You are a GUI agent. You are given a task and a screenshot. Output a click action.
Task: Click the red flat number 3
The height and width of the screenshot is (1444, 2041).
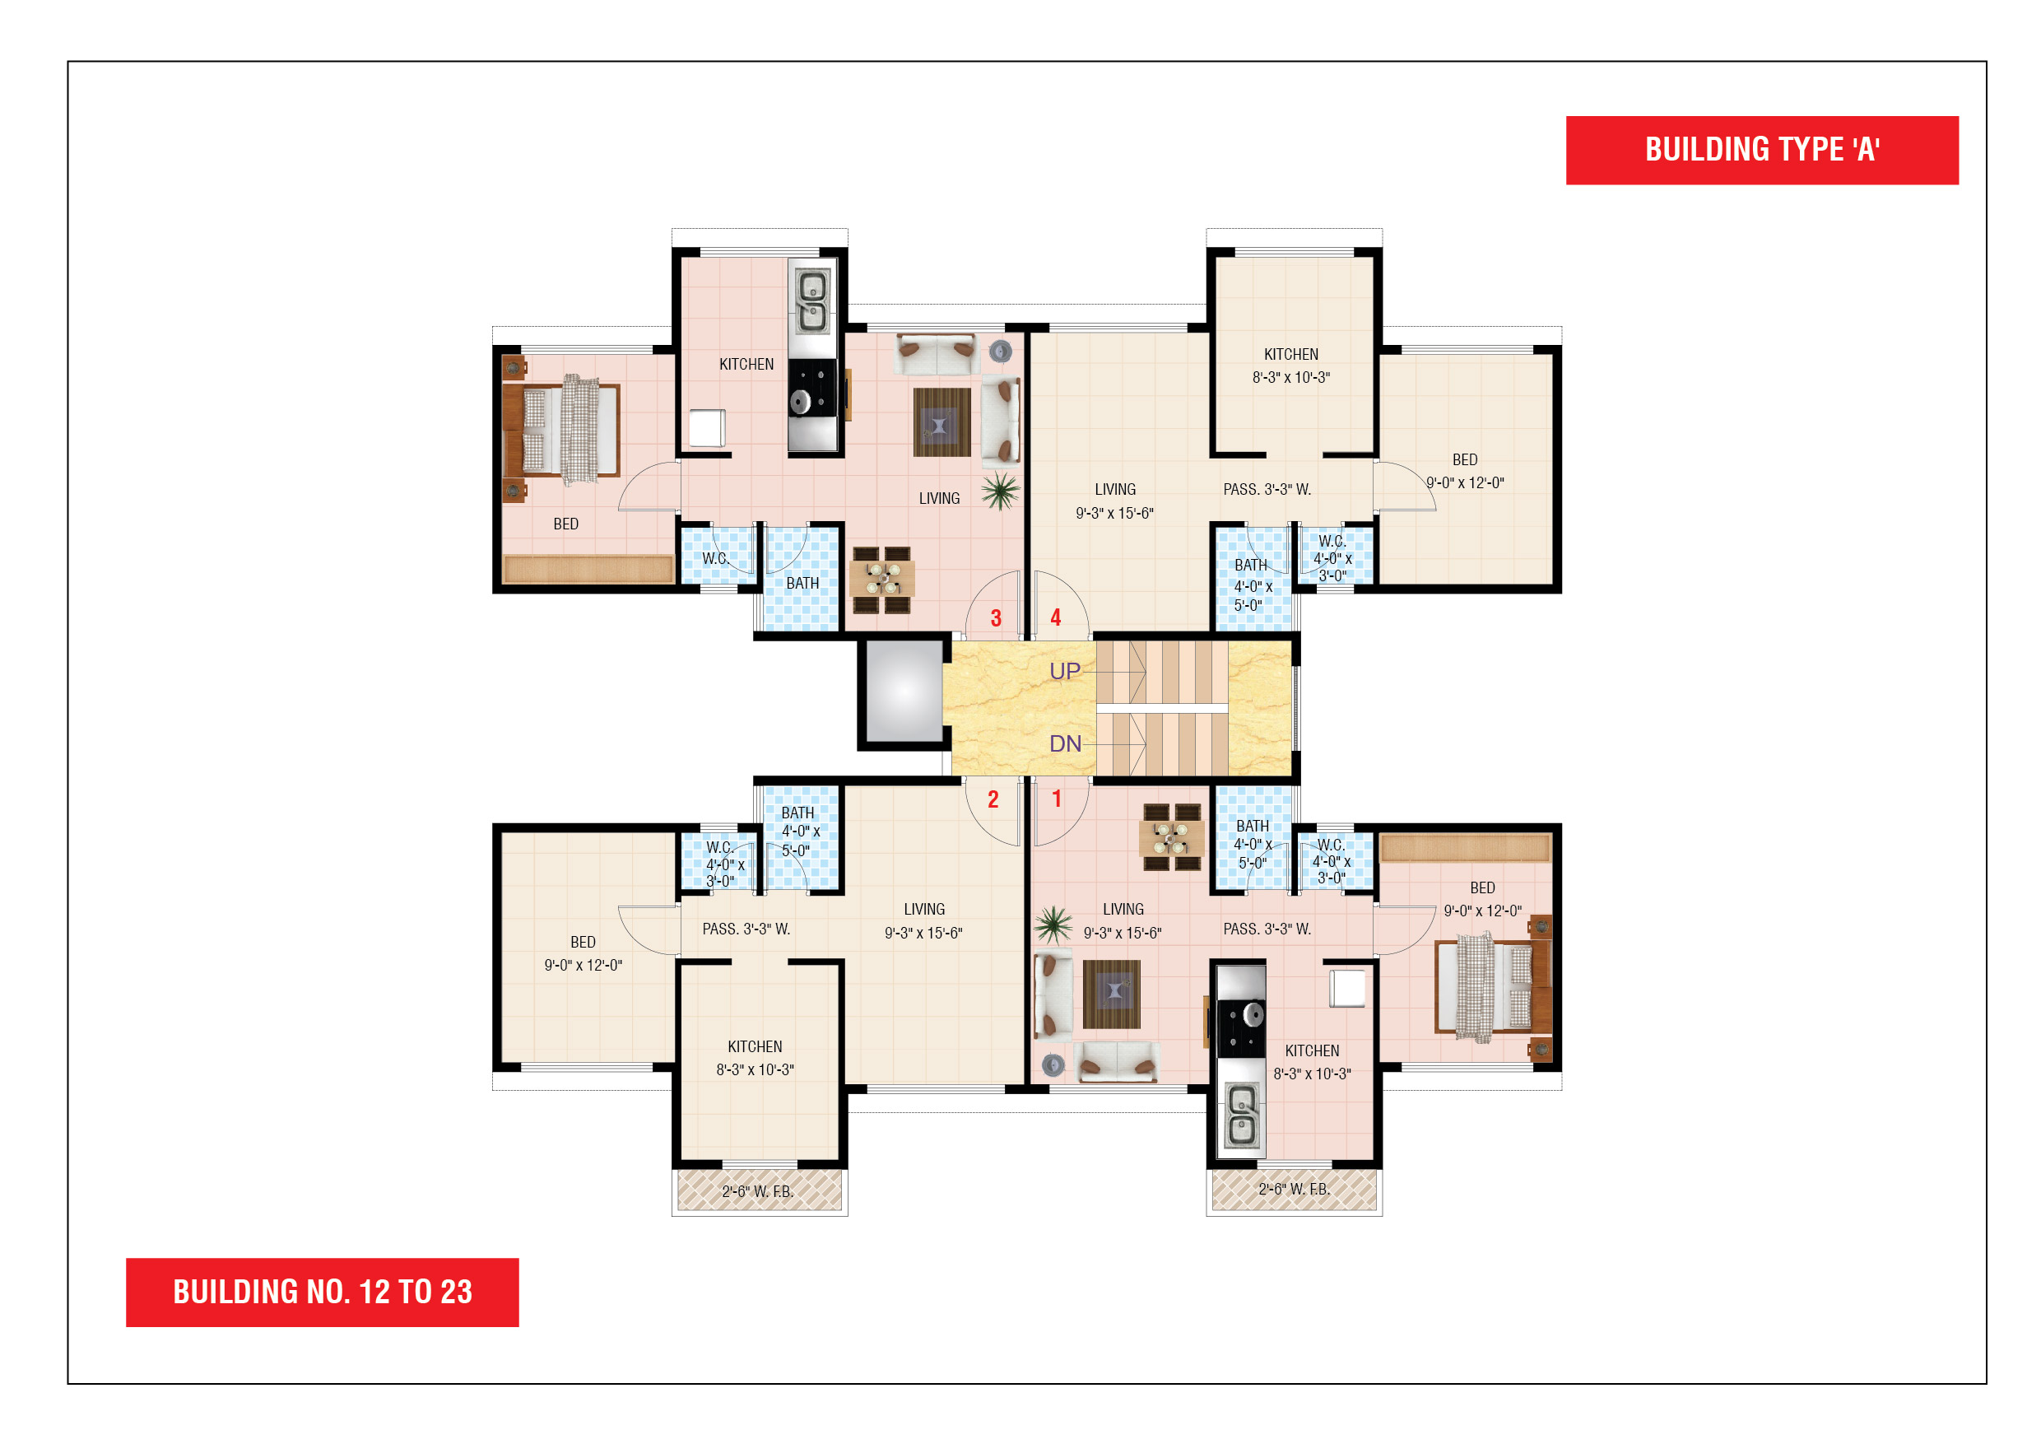tap(996, 618)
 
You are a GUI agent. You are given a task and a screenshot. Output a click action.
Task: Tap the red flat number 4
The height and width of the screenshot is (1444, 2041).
tap(1056, 618)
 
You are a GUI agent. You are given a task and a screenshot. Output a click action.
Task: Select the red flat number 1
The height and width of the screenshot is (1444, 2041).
tap(1057, 799)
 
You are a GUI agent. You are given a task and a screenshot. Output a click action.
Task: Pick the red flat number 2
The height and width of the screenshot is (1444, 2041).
tap(993, 799)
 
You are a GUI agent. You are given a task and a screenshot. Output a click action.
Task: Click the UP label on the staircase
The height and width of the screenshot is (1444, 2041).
tap(1065, 671)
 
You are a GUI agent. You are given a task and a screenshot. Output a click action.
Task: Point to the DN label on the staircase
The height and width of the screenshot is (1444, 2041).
tap(1065, 743)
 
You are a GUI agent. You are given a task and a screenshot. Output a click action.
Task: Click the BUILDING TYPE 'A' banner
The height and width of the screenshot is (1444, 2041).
tap(1762, 151)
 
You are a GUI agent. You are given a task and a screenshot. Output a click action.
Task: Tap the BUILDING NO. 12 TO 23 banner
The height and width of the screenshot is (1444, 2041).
tap(323, 1292)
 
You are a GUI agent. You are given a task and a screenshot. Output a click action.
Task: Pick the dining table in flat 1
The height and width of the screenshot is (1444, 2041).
tap(1172, 836)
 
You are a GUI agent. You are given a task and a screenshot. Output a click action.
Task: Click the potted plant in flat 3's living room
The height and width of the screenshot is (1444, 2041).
tap(1001, 491)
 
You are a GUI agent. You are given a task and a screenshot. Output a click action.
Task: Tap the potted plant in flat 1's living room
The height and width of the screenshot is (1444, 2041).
tap(1053, 925)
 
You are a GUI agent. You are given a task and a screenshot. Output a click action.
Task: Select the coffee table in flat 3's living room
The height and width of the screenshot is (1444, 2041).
tap(941, 422)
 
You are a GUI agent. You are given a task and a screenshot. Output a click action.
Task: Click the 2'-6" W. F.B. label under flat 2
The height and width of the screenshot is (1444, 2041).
tap(757, 1191)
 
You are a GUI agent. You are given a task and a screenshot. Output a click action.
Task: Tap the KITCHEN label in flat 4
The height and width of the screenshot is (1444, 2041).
tap(1290, 354)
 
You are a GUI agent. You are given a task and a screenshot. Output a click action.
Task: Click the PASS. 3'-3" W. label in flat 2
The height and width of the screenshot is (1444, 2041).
tap(746, 929)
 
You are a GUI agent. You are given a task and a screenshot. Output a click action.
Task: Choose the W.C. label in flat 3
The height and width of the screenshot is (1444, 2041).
tap(716, 558)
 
